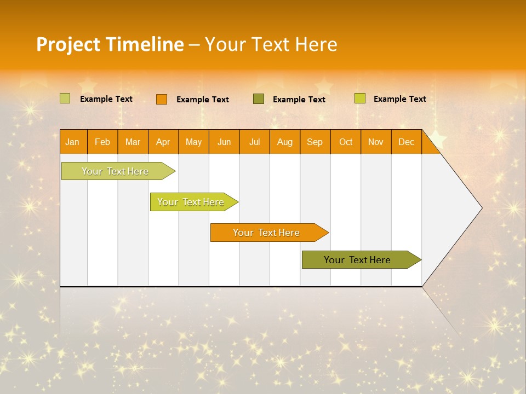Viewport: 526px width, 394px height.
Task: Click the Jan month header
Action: pyautogui.click(x=73, y=142)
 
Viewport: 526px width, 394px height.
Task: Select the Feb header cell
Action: pyautogui.click(x=102, y=142)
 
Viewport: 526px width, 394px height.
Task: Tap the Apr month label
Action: pyautogui.click(x=163, y=142)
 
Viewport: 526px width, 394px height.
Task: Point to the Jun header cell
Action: pyautogui.click(x=224, y=142)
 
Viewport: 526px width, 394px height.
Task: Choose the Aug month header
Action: pyautogui.click(x=285, y=142)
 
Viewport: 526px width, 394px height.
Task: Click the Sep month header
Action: pyautogui.click(x=315, y=142)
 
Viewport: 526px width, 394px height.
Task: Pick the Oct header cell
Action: pyautogui.click(x=346, y=142)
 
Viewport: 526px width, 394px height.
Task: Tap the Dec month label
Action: pyautogui.click(x=407, y=142)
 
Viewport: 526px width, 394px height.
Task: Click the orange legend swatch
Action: pyautogui.click(x=162, y=99)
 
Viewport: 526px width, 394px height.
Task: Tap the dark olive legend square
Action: pyautogui.click(x=259, y=99)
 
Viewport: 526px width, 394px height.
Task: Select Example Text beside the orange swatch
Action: pyautogui.click(x=203, y=100)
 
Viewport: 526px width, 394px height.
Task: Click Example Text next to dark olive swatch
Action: pyautogui.click(x=299, y=100)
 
